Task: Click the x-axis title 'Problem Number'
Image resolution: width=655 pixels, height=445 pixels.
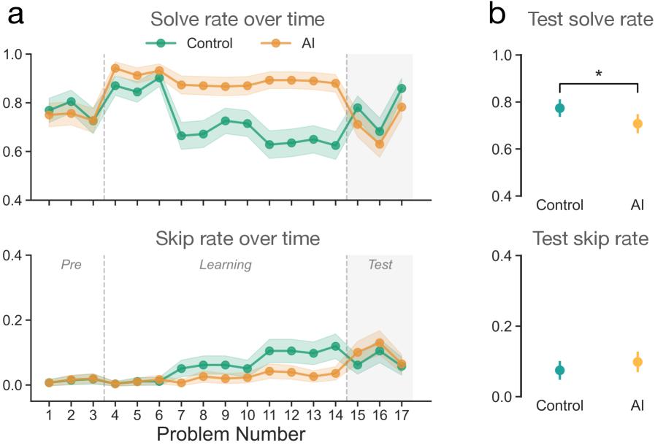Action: [231, 435]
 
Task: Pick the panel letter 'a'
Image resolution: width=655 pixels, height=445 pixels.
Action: [15, 16]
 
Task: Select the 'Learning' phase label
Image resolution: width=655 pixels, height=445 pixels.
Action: [226, 265]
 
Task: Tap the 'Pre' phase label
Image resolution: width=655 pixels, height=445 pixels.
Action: [71, 265]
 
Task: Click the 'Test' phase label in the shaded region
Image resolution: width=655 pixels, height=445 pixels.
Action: [380, 265]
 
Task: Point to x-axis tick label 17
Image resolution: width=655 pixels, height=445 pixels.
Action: [401, 414]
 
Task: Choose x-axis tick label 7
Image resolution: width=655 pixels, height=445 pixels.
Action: [181, 414]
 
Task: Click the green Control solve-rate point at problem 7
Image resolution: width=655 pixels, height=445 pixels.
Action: [181, 136]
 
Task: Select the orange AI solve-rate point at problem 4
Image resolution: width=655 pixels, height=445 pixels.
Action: [115, 69]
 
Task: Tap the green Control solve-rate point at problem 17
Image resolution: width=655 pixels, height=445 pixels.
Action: [401, 88]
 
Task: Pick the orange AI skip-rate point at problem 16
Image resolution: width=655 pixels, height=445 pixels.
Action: [379, 343]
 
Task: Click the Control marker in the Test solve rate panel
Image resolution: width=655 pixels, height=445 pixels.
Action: [559, 108]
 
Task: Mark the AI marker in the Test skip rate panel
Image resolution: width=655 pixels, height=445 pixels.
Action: [637, 362]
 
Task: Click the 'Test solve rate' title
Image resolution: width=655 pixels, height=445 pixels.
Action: [591, 20]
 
